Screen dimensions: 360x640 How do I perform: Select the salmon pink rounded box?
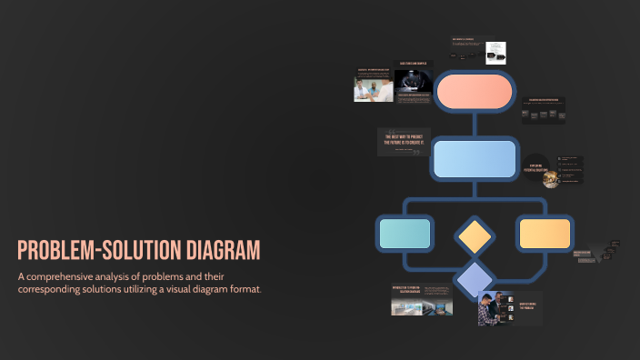coord(475,91)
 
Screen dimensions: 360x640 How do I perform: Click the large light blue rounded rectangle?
coord(475,159)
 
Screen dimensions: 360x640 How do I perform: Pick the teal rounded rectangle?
coord(404,234)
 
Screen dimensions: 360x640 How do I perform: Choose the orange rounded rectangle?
coord(544,234)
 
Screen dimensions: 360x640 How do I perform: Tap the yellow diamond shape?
coord(475,235)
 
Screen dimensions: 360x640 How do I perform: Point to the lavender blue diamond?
coord(475,280)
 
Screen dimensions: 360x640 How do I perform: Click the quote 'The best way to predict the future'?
coord(404,140)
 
